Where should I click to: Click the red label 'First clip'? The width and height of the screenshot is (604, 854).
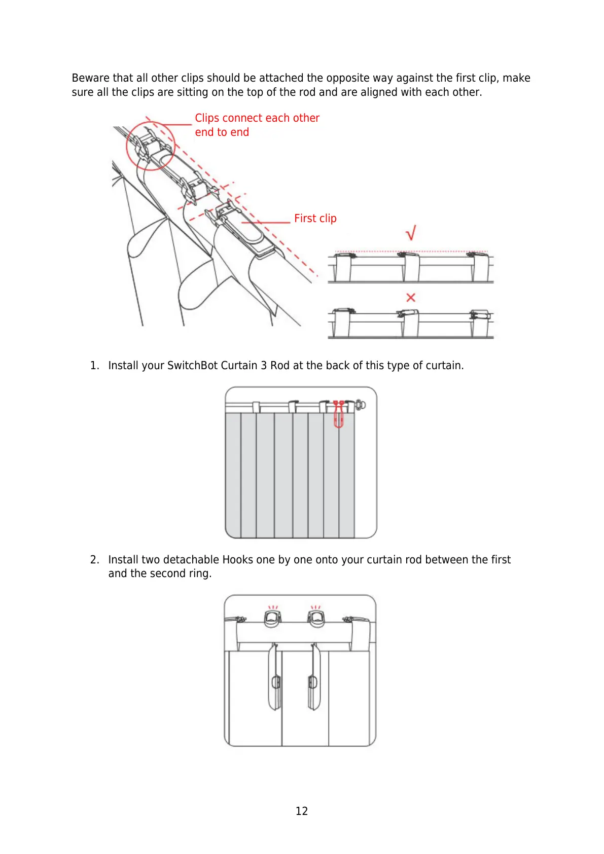(x=315, y=219)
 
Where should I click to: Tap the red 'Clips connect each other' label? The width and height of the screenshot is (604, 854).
(x=257, y=118)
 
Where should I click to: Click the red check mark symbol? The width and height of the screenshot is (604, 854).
(x=411, y=233)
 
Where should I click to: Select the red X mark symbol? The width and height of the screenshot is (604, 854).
(x=411, y=298)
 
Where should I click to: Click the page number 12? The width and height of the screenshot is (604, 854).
(x=302, y=811)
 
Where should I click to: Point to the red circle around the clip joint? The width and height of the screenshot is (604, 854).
(x=150, y=146)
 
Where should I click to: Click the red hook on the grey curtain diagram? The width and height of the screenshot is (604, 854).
(x=338, y=414)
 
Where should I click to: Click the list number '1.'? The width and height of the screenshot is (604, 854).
(x=94, y=366)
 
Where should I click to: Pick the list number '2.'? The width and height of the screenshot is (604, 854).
(x=94, y=560)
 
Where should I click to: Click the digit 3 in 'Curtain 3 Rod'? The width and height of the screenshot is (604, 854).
(x=264, y=366)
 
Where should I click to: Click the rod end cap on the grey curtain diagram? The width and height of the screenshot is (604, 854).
(x=360, y=405)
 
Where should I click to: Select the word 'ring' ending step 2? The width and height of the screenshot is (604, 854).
(x=199, y=574)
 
